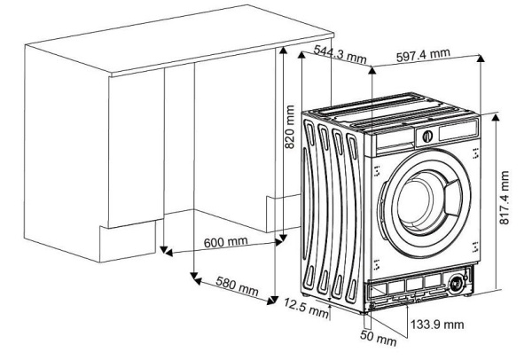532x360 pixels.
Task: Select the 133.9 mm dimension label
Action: click(436, 325)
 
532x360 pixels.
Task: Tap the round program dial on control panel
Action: click(426, 137)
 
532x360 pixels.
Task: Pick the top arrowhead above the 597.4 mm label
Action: click(481, 58)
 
